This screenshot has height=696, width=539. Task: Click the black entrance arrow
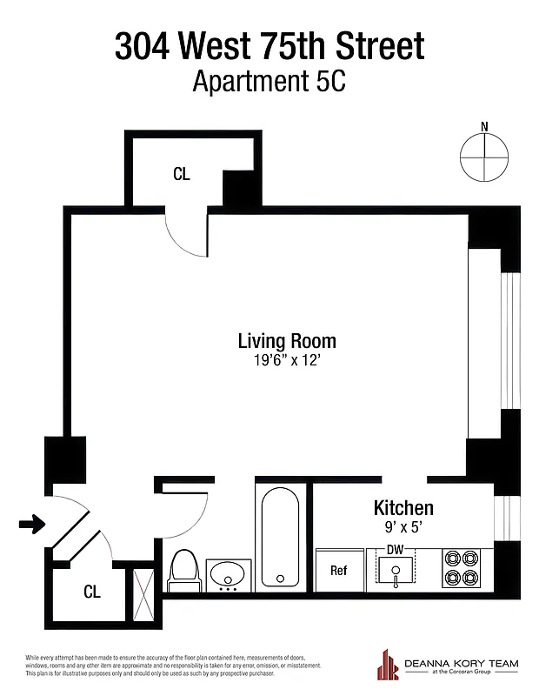(x=31, y=524)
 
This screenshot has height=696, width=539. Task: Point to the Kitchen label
(x=403, y=508)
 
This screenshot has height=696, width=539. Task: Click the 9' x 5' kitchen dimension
(x=403, y=526)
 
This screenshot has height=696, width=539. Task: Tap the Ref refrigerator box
(x=339, y=571)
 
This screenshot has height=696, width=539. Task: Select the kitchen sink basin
(x=396, y=572)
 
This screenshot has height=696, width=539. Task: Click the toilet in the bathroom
(x=183, y=570)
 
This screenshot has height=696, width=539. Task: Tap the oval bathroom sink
(x=230, y=574)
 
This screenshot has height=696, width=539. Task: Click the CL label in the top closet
(x=181, y=174)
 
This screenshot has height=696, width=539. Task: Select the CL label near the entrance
(x=91, y=592)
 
